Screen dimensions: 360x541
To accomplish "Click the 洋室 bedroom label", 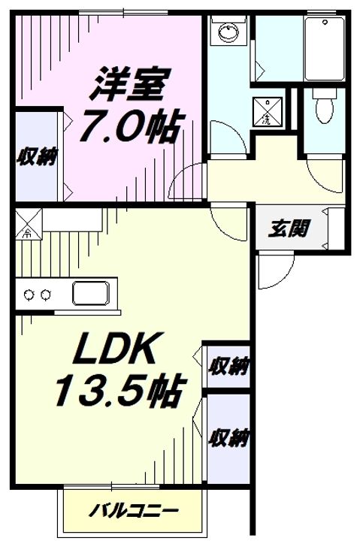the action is pyautogui.click(x=126, y=84).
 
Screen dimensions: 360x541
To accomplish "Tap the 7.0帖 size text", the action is pyautogui.click(x=130, y=126).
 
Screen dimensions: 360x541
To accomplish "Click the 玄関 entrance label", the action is pyautogui.click(x=288, y=228).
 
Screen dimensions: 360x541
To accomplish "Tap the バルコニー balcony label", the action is pyautogui.click(x=134, y=511).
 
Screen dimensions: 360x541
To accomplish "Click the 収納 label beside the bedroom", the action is pyautogui.click(x=38, y=157).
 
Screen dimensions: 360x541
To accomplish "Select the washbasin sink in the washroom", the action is pyautogui.click(x=228, y=32).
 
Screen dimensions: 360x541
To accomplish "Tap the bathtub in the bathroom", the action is pyautogui.click(x=325, y=48).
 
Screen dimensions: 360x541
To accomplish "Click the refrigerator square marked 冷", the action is pyautogui.click(x=29, y=224).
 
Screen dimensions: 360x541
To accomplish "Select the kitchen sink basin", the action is pyautogui.click(x=91, y=293).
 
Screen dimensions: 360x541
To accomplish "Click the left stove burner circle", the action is pyautogui.click(x=29, y=295).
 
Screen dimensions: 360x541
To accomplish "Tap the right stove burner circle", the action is pyautogui.click(x=46, y=295).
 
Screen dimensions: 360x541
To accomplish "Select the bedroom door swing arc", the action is pyautogui.click(x=176, y=177).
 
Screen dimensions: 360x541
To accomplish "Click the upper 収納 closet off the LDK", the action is pyautogui.click(x=228, y=366).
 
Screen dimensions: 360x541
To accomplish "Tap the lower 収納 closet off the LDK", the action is pyautogui.click(x=228, y=439).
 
